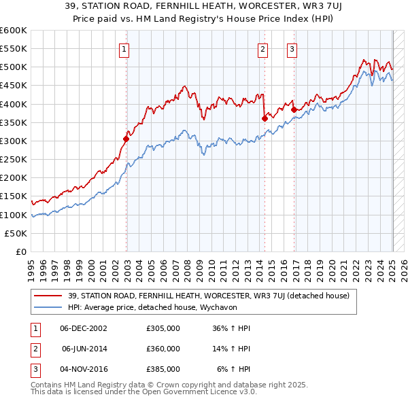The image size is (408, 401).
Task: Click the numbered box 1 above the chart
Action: tap(126, 48)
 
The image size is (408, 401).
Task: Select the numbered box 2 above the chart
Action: tap(263, 48)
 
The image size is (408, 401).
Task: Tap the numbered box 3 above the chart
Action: tap(292, 48)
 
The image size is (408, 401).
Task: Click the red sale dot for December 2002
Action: tap(126, 139)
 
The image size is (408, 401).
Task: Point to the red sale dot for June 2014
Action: tap(265, 118)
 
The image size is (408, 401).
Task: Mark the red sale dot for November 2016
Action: tap(294, 109)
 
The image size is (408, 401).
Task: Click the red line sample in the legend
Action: tap(50, 296)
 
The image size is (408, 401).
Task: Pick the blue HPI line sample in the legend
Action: tap(50, 307)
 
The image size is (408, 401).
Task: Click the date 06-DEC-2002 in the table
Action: tap(84, 328)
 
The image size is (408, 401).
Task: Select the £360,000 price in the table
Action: tap(163, 349)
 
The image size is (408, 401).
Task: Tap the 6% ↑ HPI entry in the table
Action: tap(234, 369)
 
